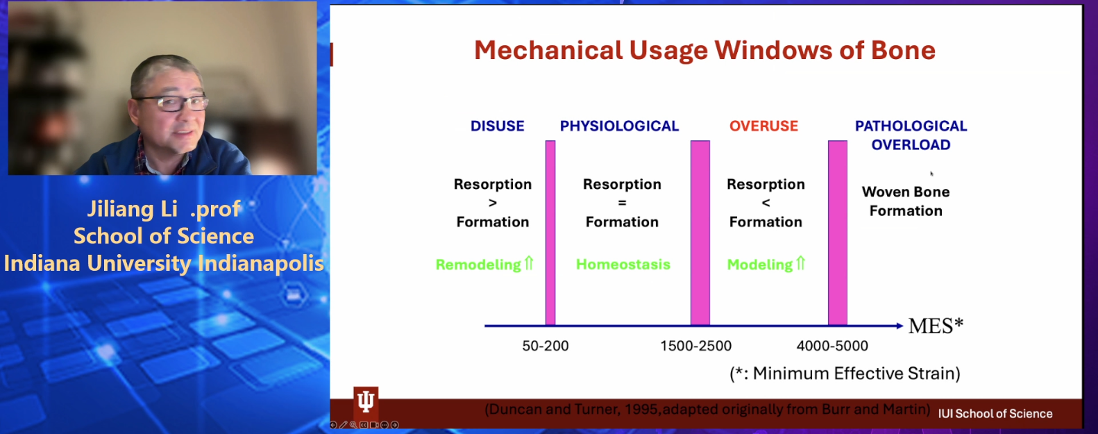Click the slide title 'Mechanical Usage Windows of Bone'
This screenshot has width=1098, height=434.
tap(704, 51)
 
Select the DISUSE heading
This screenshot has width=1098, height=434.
tap(497, 126)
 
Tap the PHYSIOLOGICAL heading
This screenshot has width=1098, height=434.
tap(619, 126)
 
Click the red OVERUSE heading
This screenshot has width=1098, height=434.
tap(763, 126)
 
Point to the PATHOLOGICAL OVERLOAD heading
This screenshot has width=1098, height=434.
tap(911, 135)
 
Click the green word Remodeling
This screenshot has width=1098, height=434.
tap(478, 265)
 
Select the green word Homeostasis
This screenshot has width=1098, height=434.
tap(623, 265)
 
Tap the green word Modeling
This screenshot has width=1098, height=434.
tap(760, 265)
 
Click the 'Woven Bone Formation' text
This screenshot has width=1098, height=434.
tap(906, 201)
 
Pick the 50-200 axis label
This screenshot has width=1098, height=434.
tap(546, 346)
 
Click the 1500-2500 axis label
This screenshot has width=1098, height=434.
tap(695, 346)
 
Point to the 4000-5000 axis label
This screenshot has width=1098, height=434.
tap(832, 346)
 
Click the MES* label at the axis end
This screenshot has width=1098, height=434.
tap(936, 326)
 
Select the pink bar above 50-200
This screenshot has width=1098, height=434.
tap(550, 233)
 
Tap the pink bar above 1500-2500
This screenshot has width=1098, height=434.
tap(700, 233)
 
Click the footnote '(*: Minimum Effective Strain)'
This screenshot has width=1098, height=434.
tap(845, 374)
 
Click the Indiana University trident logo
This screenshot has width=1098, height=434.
tap(366, 400)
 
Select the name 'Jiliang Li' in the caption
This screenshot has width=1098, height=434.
tap(133, 210)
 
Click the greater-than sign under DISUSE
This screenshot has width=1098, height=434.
tap(493, 203)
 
